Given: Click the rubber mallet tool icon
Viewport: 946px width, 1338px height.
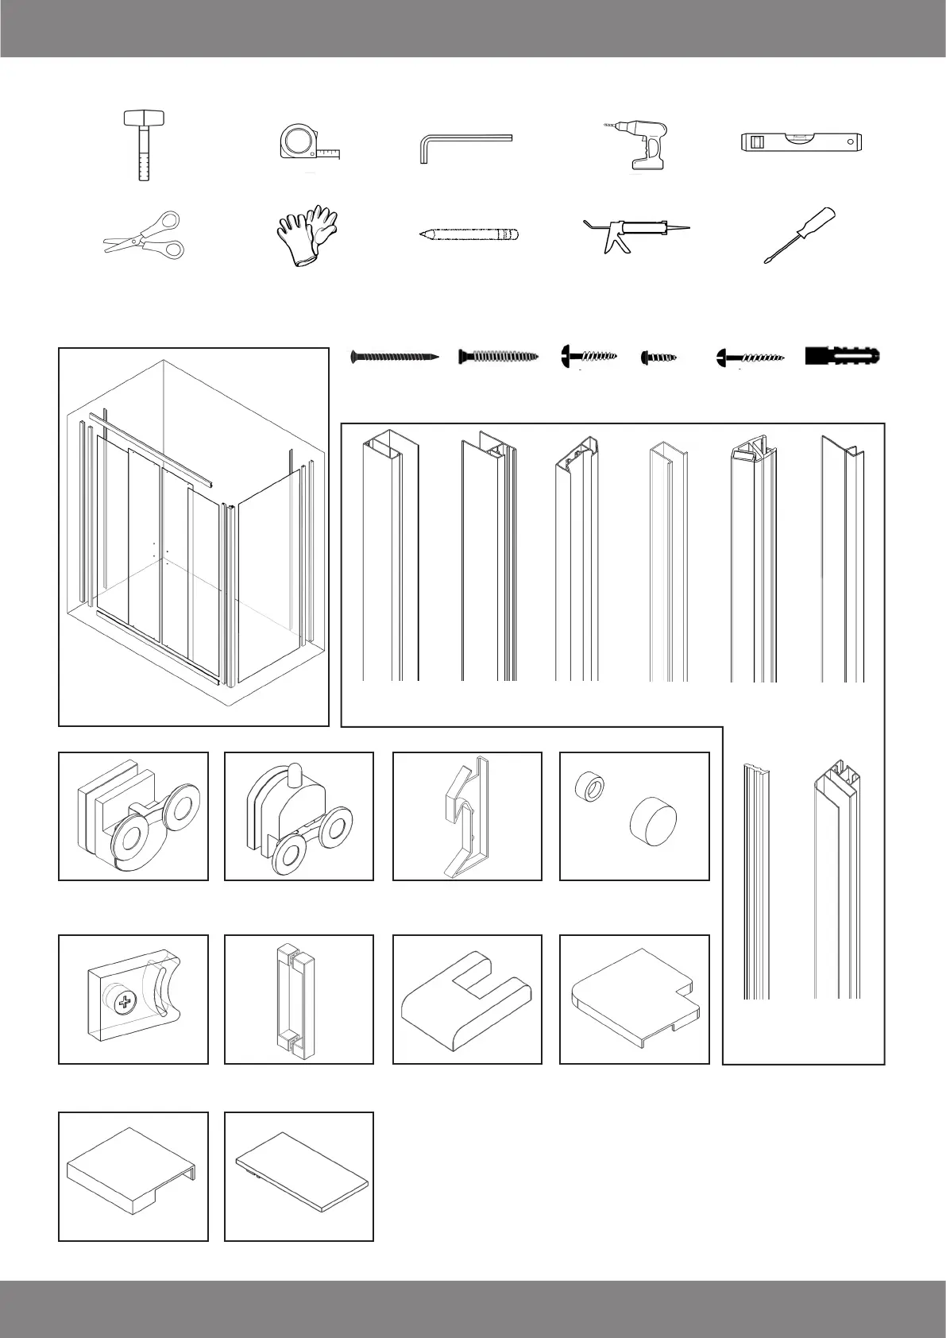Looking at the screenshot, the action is (142, 145).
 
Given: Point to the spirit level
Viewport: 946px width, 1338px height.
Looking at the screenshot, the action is (801, 142).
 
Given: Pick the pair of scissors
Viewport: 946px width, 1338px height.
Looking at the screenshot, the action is (145, 234).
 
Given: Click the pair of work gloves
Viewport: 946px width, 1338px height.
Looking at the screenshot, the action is (307, 234).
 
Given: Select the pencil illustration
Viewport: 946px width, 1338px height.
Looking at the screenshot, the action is (469, 234).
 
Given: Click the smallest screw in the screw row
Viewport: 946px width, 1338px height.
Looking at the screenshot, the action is (658, 358).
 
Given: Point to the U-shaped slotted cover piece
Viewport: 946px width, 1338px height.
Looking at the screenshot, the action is (466, 1000).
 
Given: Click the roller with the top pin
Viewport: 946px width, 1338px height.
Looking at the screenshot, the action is (299, 818).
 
